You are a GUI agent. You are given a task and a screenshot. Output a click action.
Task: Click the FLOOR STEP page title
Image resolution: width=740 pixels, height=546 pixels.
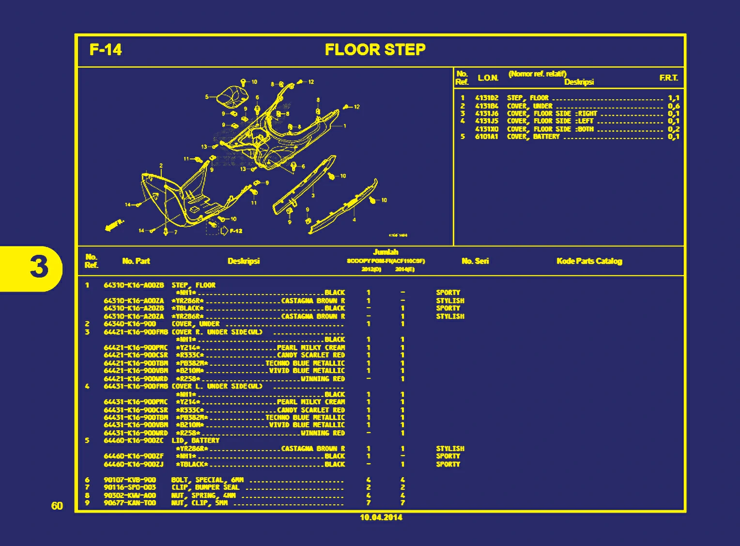pyautogui.click(x=375, y=49)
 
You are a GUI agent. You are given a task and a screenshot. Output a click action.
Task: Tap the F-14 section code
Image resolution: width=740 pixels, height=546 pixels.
pyautogui.click(x=106, y=49)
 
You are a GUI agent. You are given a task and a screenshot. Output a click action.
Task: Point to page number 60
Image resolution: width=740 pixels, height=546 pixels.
pyautogui.click(x=57, y=506)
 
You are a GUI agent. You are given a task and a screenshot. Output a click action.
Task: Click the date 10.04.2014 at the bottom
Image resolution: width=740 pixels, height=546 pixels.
pyautogui.click(x=381, y=517)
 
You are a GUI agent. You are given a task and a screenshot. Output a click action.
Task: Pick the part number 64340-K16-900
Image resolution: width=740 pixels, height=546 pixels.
pyautogui.click(x=130, y=324)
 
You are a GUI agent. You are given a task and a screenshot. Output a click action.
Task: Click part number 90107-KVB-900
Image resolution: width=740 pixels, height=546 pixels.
pyautogui.click(x=130, y=480)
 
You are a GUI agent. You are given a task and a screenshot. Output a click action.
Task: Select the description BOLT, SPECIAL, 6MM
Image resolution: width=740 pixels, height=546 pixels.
pyautogui.click(x=207, y=480)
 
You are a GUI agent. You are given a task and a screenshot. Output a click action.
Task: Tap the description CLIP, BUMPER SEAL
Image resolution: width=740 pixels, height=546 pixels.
pyautogui.click(x=205, y=487)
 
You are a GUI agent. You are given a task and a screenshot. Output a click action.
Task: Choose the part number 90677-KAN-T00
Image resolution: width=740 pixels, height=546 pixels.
pyautogui.click(x=130, y=503)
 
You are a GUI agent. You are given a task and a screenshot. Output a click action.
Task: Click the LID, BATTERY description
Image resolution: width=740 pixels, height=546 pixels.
pyautogui.click(x=195, y=440)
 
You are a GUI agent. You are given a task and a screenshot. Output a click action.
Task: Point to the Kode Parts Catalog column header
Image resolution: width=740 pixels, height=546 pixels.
pyautogui.click(x=589, y=261)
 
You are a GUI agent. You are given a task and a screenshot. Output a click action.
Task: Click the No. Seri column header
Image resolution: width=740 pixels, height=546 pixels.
pyautogui.click(x=475, y=261)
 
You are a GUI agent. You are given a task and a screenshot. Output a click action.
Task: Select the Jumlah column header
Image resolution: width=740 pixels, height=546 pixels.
pyautogui.click(x=385, y=252)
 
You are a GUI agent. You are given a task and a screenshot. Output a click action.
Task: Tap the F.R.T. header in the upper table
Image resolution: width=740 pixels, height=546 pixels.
pyautogui.click(x=668, y=78)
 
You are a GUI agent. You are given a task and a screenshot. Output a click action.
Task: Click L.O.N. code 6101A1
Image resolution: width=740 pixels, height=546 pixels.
pyautogui.click(x=486, y=137)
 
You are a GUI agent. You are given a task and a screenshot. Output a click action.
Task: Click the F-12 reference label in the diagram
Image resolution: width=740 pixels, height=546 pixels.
pyautogui.click(x=236, y=231)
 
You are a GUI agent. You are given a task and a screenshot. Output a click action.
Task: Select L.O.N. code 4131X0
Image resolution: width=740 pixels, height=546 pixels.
pyautogui.click(x=486, y=129)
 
